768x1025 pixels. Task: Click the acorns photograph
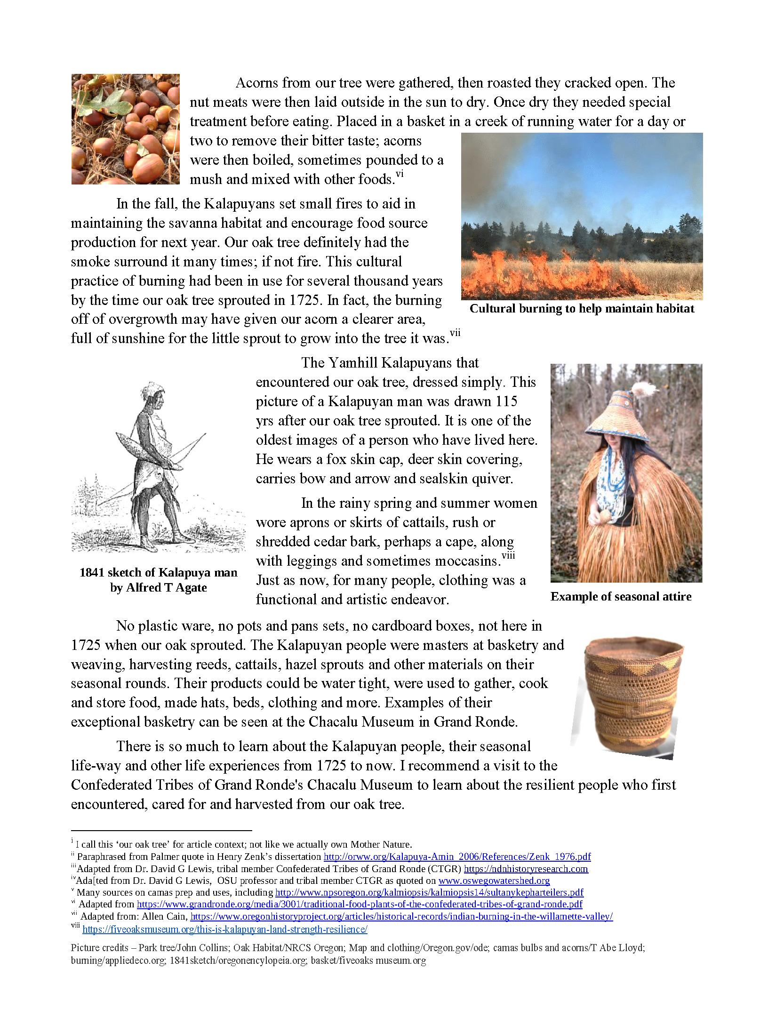point(125,129)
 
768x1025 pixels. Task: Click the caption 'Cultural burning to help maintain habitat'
point(582,309)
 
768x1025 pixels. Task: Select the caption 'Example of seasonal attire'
point(621,597)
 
